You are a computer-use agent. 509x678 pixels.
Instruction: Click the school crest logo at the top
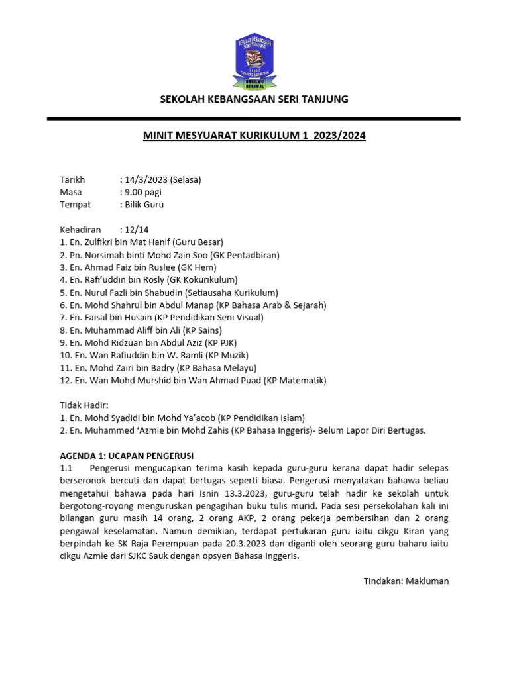[254, 62]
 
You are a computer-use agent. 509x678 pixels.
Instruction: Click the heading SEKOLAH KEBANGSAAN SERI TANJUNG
[254, 99]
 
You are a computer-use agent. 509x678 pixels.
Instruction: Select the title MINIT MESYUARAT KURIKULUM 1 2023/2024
[254, 136]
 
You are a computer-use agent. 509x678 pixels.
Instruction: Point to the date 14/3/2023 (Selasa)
[160, 180]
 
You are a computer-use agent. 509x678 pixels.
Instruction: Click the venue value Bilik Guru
[142, 205]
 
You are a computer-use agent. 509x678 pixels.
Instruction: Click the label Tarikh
[73, 180]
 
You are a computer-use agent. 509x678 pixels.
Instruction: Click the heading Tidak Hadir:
[84, 405]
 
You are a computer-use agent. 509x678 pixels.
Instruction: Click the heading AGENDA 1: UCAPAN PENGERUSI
[127, 455]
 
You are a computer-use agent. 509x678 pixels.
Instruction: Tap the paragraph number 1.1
[68, 468]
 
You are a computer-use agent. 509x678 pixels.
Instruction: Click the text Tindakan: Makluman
[406, 581]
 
